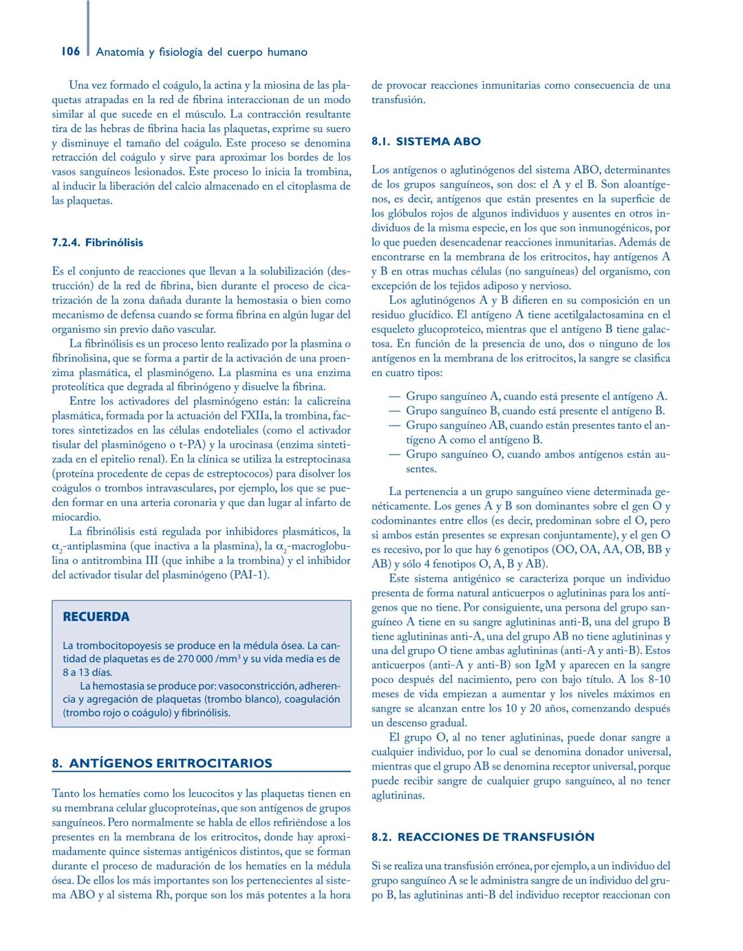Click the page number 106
click(x=70, y=52)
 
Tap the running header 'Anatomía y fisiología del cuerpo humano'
click(x=202, y=52)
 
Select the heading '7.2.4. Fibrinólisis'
click(x=98, y=243)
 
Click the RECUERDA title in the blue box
click(x=96, y=617)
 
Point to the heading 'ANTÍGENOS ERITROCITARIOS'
click(x=171, y=763)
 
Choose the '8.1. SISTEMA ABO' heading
click(x=426, y=142)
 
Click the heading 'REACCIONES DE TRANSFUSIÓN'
click(x=495, y=838)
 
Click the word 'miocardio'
click(x=76, y=517)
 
